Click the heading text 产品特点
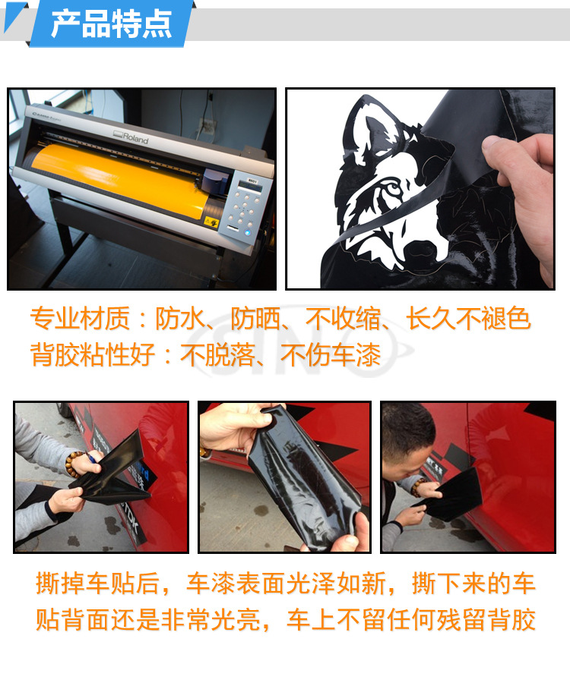pos(111,24)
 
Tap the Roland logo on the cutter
pos(131,137)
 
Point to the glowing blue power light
pos(248,232)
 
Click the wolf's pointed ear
pos(369,127)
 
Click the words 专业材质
pos(80,318)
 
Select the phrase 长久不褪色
pos(468,318)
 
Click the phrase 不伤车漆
pos(330,354)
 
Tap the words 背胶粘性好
pos(93,354)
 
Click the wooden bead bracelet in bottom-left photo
pos(74,464)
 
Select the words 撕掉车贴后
pos(97,583)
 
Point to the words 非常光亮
pos(211,620)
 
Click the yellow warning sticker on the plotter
pos(211,222)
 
